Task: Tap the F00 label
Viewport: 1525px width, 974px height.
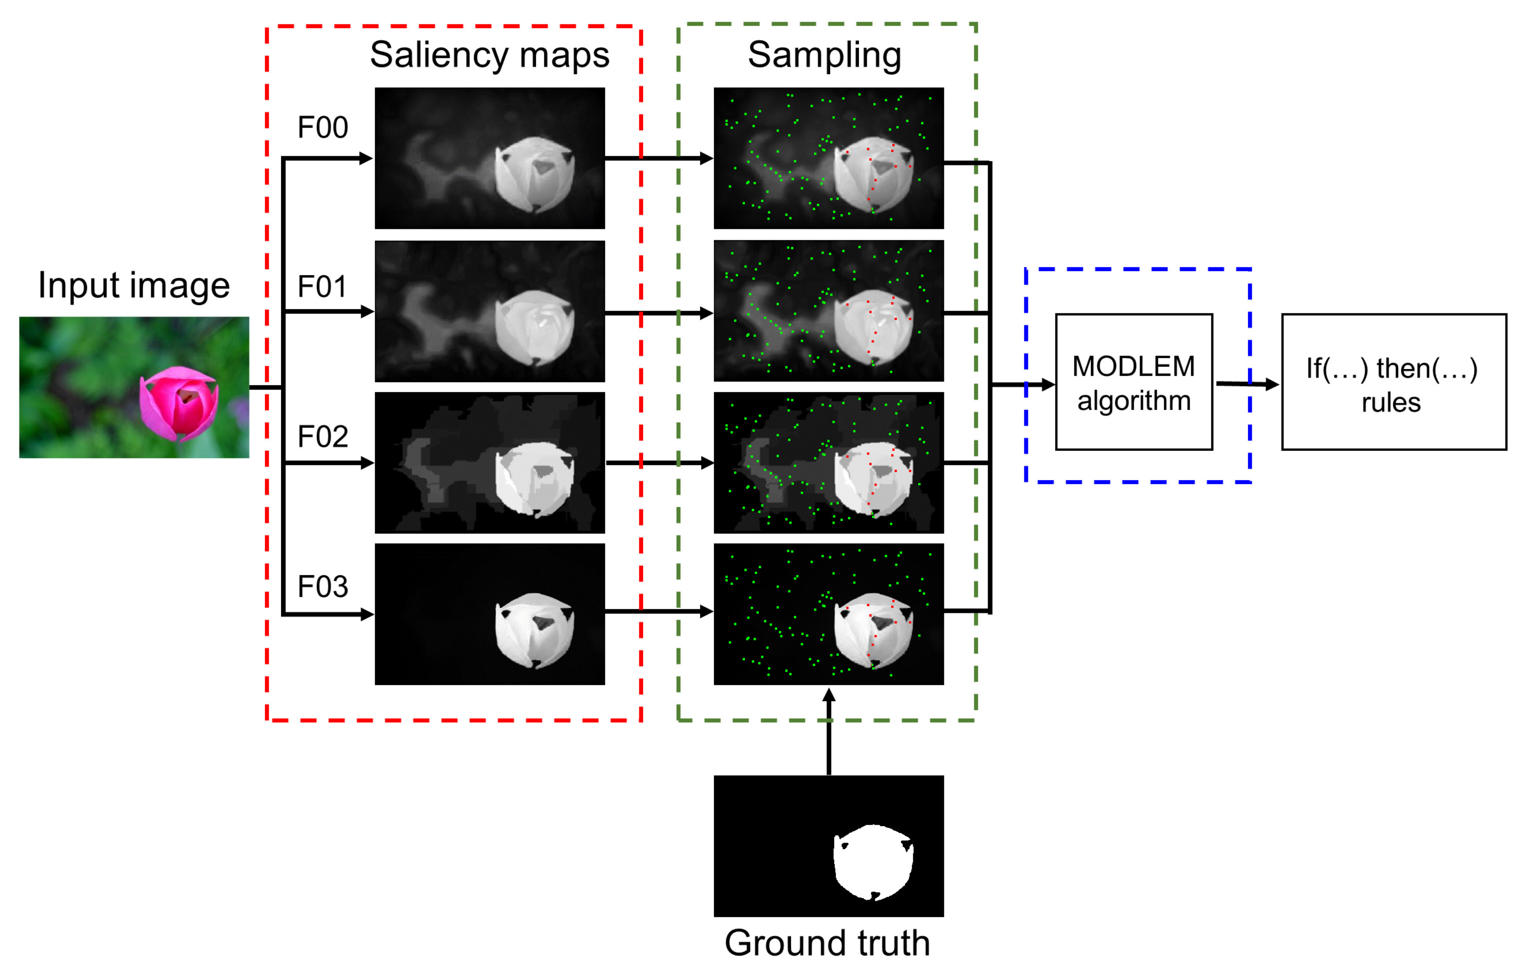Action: point(322,127)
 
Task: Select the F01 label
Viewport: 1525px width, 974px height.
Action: point(322,286)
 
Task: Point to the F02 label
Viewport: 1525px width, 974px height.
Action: point(322,436)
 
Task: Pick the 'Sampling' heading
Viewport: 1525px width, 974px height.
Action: point(824,55)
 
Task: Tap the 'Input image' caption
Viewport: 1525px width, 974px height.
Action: point(134,285)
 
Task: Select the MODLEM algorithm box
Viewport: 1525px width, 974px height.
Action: point(1134,382)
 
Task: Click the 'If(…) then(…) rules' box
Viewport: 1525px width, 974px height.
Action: point(1393,382)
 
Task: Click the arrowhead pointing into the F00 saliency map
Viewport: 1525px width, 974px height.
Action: point(366,159)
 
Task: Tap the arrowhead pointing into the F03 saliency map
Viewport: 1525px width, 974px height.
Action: point(366,614)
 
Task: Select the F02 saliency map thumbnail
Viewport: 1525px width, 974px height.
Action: point(490,462)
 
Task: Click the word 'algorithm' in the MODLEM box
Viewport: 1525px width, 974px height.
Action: point(1134,400)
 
